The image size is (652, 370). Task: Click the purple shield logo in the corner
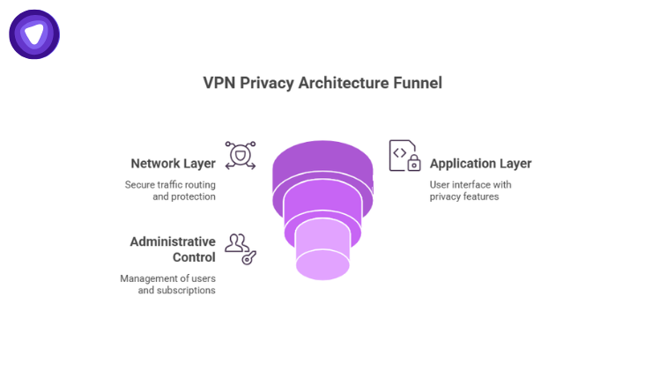pyautogui.click(x=34, y=34)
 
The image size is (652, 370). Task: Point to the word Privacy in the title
pyautogui.click(x=270, y=84)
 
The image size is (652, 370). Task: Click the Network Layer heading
pyautogui.click(x=173, y=163)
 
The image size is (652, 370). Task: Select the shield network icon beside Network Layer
pyautogui.click(x=240, y=156)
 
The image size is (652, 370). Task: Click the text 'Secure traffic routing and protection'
pyautogui.click(x=170, y=190)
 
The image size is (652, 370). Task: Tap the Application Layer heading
pyautogui.click(x=480, y=163)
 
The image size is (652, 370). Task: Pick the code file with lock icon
pyautogui.click(x=403, y=156)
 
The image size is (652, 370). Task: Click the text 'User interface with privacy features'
pyautogui.click(x=470, y=190)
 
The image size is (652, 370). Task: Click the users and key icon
pyautogui.click(x=240, y=249)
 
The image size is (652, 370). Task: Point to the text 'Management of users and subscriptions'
pyautogui.click(x=167, y=284)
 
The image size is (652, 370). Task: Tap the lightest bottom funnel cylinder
pyautogui.click(x=322, y=251)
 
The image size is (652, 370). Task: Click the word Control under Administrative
pyautogui.click(x=192, y=256)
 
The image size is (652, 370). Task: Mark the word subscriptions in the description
pyautogui.click(x=186, y=290)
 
